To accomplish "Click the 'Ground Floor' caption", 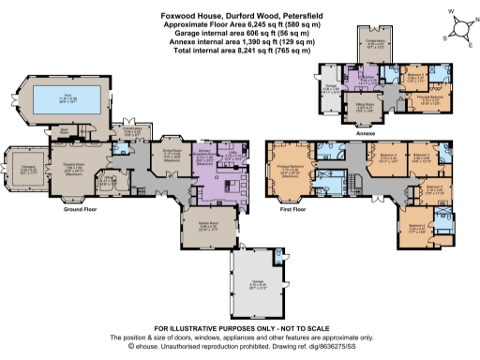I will click(x=82, y=210).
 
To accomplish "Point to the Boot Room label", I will click(x=65, y=128).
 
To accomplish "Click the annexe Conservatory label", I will click(x=373, y=41).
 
